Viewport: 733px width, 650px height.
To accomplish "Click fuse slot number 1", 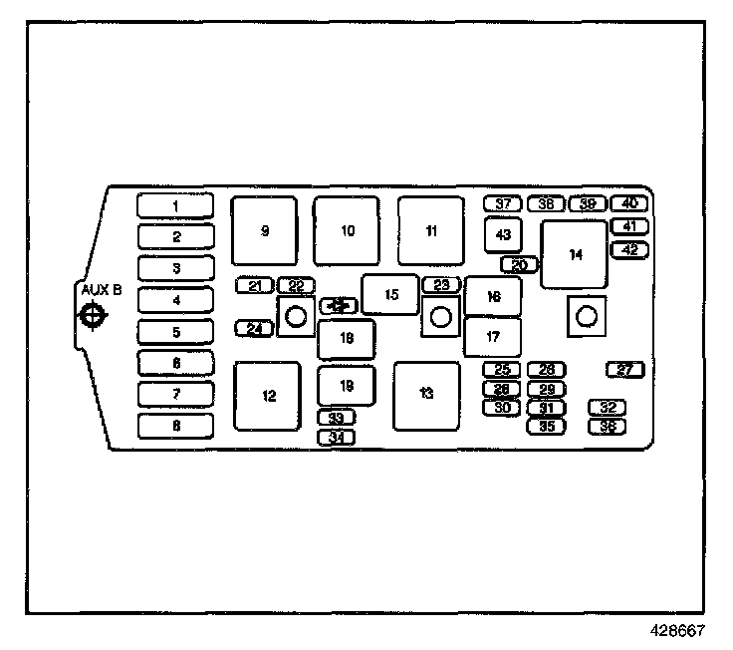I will pos(175,206).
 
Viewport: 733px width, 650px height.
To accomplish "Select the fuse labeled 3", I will pos(175,269).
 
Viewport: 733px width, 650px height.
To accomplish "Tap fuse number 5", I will pos(175,333).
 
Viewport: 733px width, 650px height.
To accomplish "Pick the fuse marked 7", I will pos(175,395).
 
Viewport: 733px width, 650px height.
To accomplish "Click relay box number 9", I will pos(265,230).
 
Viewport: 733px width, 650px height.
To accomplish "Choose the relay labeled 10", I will pos(347,230).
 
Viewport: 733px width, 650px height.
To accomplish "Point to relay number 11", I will pos(431,230).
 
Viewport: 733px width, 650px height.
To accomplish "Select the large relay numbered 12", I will pos(268,396).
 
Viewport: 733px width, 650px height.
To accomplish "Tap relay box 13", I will pos(426,395).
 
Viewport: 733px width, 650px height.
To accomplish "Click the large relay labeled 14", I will pos(575,255).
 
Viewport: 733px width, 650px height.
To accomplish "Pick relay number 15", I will pos(390,294).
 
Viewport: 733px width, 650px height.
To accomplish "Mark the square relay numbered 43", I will pos(503,235).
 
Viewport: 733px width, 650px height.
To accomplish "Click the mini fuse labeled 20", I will pos(520,265).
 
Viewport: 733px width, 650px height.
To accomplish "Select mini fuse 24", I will pos(255,328).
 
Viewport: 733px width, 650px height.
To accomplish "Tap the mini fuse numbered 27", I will pos(625,370).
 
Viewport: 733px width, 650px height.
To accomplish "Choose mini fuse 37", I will pos(503,203).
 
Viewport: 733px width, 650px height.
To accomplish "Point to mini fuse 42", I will pos(629,250).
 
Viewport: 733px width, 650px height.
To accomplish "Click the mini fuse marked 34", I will pos(337,437).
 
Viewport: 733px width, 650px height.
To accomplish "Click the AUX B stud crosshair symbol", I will pos(92,316).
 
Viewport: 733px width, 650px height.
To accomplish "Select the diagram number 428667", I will pos(679,630).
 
